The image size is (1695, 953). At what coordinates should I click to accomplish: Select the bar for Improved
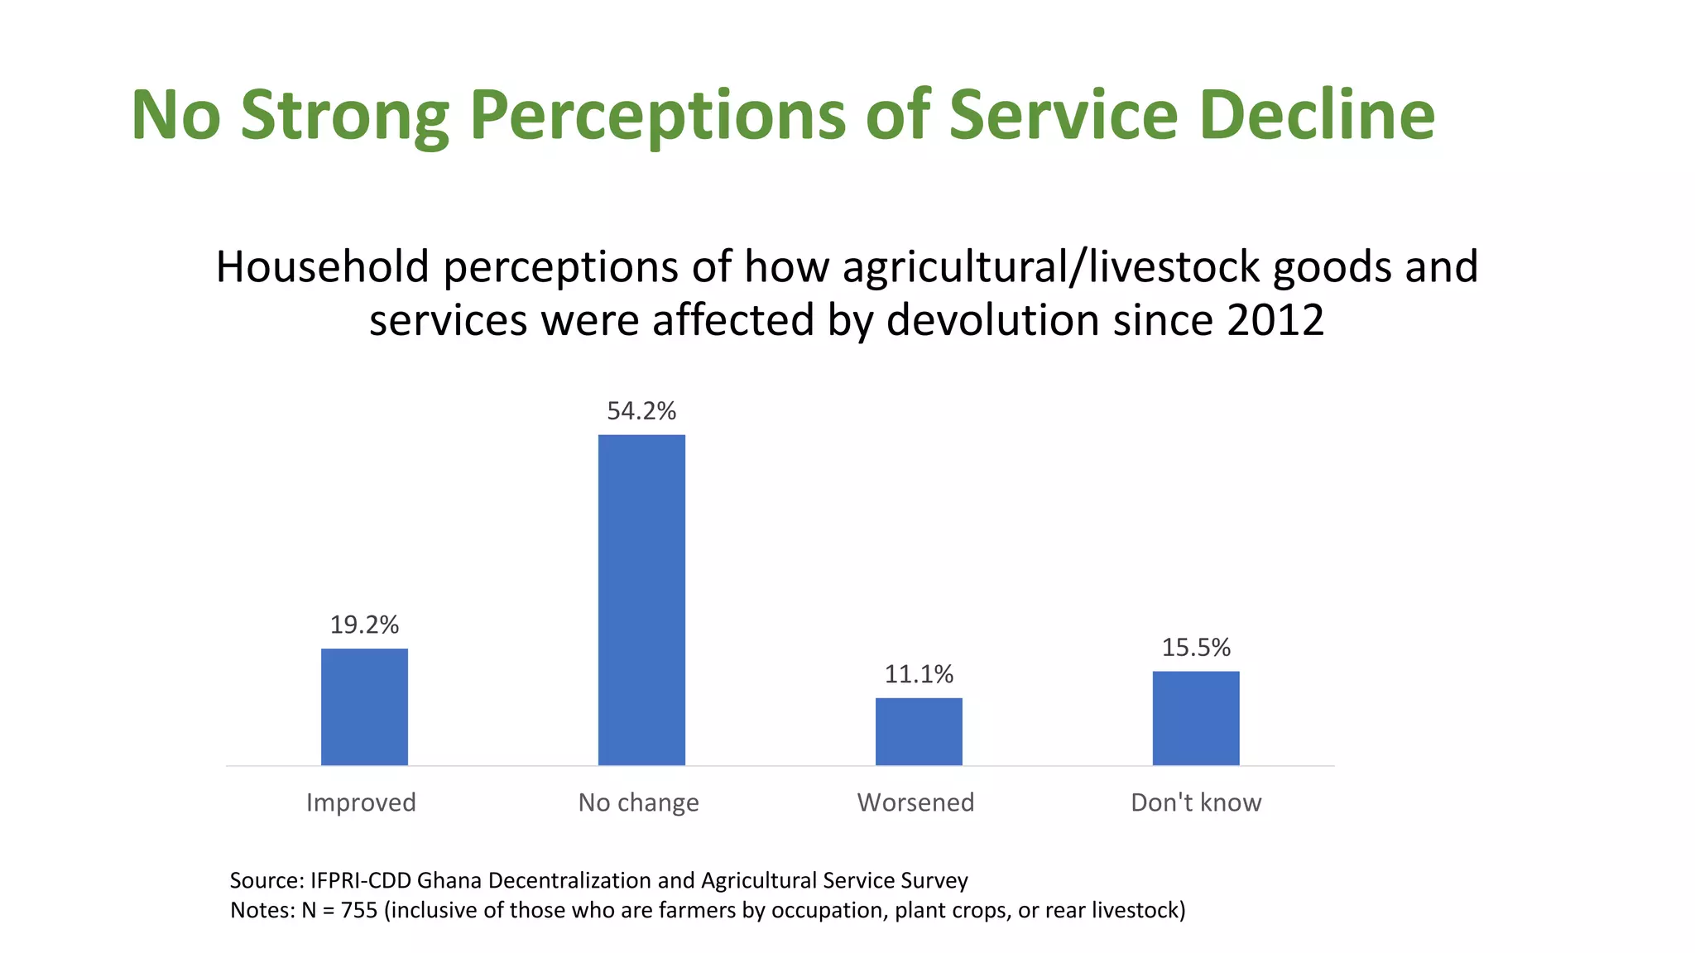[364, 706]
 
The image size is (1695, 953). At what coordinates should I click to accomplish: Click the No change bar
[641, 600]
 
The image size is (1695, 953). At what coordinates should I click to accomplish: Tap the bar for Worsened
[919, 731]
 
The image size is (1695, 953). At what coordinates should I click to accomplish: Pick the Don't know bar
[1196, 718]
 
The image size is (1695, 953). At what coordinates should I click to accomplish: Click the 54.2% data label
[641, 411]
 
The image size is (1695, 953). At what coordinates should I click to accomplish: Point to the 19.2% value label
[364, 625]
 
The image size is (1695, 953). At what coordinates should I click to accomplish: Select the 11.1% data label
[919, 674]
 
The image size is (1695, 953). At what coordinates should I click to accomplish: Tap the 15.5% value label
[1196, 647]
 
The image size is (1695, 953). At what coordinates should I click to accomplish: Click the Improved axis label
[361, 802]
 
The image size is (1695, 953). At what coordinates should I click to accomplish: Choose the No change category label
[638, 802]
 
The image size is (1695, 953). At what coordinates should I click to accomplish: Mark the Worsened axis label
[915, 802]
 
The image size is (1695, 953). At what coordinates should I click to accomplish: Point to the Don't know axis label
[1196, 802]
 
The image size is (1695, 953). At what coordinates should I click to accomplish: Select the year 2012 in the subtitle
[1275, 320]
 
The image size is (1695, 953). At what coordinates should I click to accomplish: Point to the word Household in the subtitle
[323, 267]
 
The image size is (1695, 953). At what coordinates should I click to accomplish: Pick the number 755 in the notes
[359, 910]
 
